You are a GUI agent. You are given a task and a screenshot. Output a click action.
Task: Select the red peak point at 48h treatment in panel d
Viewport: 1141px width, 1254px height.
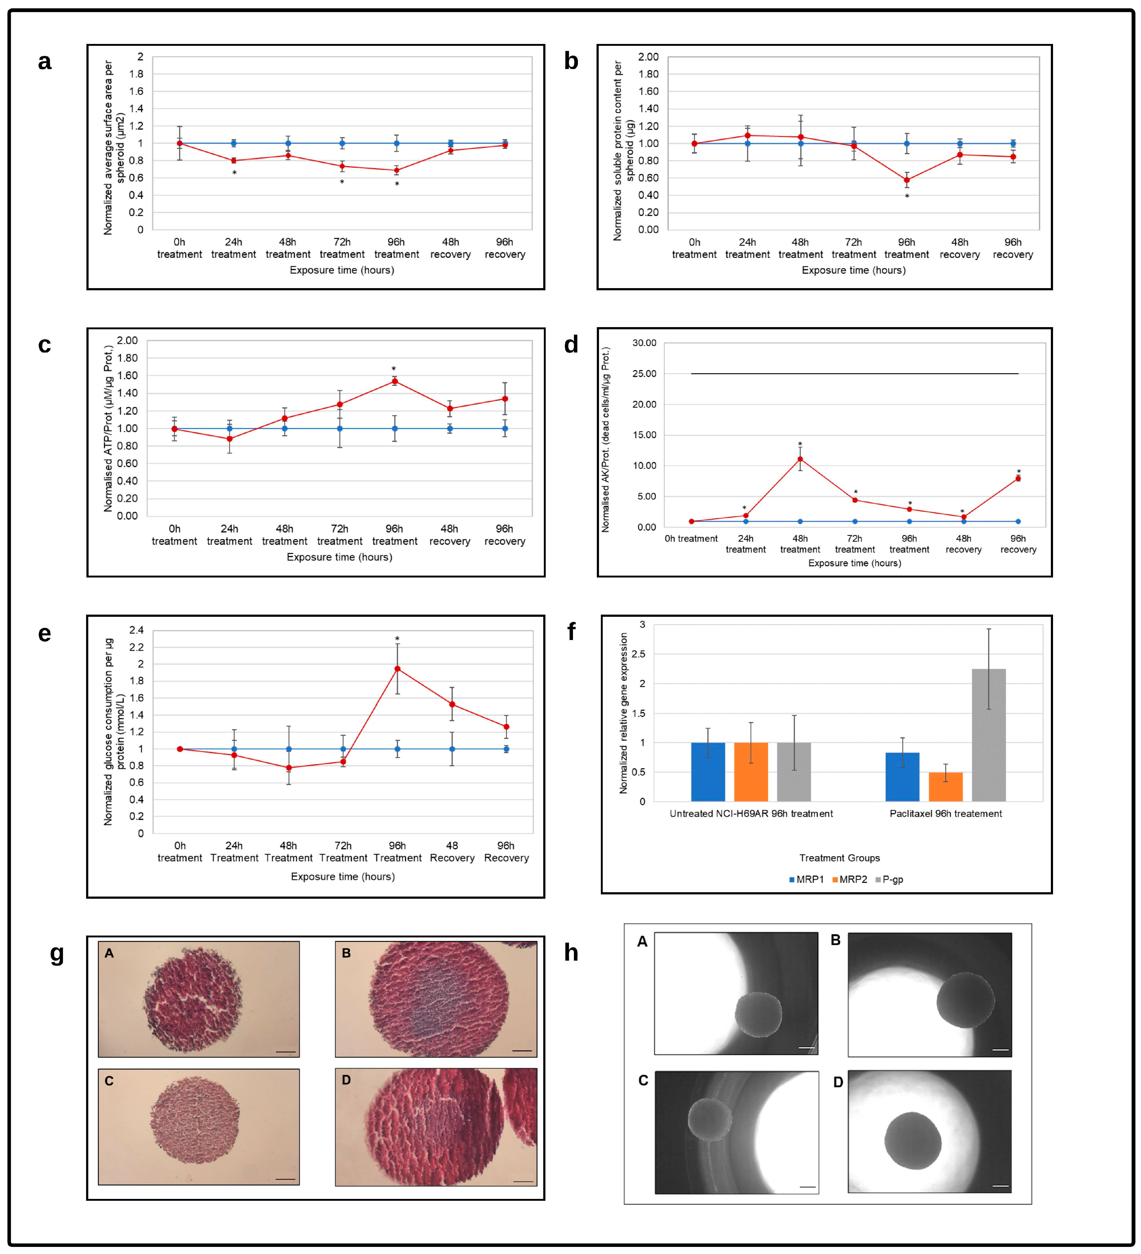[x=800, y=459]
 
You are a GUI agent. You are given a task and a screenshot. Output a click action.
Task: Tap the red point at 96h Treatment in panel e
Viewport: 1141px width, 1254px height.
[x=397, y=669]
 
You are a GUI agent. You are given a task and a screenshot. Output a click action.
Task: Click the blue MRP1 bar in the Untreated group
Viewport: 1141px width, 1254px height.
[x=708, y=771]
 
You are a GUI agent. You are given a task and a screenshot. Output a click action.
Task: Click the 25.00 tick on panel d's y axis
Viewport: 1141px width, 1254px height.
[x=644, y=374]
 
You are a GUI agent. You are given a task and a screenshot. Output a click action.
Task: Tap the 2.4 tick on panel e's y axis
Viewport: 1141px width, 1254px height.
[x=136, y=630]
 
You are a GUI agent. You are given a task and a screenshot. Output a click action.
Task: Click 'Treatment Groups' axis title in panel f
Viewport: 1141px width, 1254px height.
[x=839, y=858]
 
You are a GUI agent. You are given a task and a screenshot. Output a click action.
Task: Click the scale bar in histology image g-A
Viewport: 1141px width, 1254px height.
[x=285, y=1052]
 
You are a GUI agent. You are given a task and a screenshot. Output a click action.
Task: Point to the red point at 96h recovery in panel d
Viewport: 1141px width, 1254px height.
[x=1018, y=478]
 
